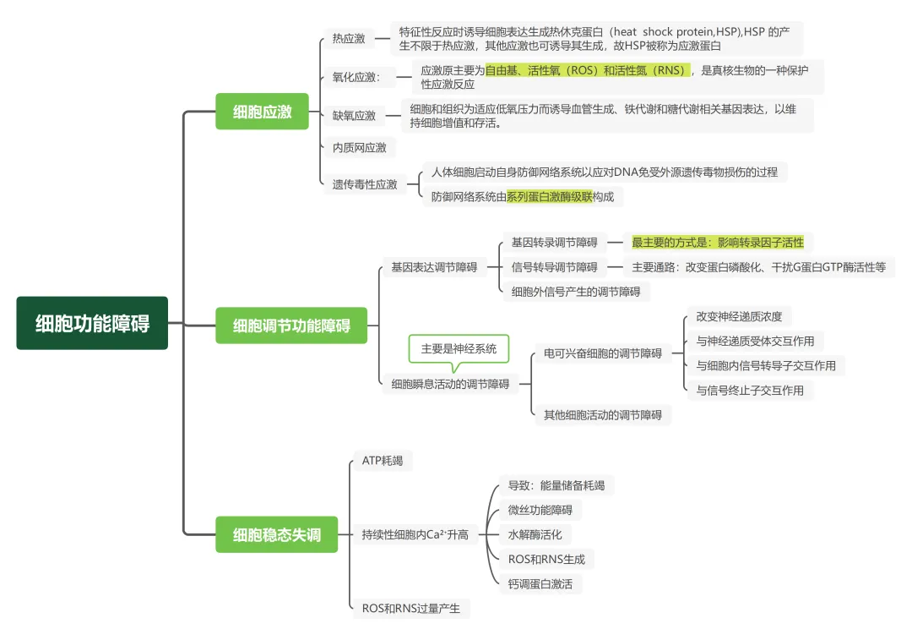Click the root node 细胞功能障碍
[x=92, y=323]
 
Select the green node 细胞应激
[x=263, y=111]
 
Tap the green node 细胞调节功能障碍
[x=291, y=325]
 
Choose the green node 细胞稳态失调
[x=276, y=534]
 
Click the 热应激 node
[x=349, y=38]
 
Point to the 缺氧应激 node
[x=354, y=116]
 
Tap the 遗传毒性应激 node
[x=365, y=184]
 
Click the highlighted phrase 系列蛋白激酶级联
[x=549, y=197]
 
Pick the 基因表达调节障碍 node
[x=434, y=267]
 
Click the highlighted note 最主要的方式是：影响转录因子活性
[x=718, y=243]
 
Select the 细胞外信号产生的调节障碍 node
[x=576, y=292]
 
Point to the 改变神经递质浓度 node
[x=739, y=317]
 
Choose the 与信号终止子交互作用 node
[x=750, y=390]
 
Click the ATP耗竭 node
[x=383, y=461]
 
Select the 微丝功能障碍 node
[x=540, y=510]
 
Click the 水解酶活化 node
[x=535, y=534]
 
